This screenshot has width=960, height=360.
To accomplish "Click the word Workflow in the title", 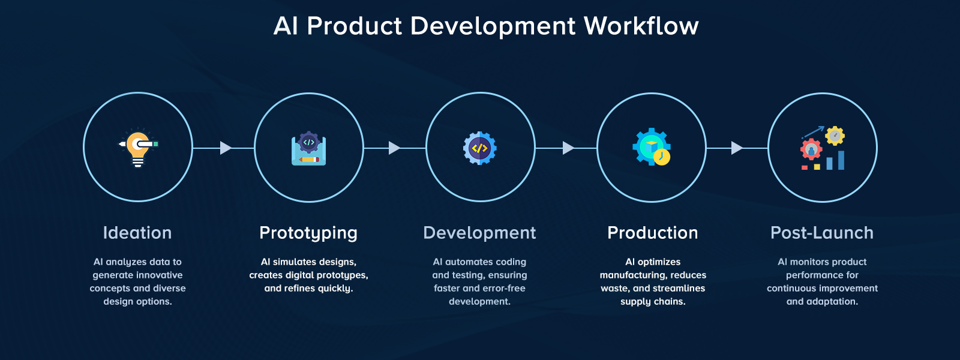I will pos(641,26).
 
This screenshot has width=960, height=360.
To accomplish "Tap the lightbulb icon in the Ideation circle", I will pos(138,148).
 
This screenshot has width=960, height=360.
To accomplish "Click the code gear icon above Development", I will pos(479,148).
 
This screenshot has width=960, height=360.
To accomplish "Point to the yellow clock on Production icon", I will pos(662,157).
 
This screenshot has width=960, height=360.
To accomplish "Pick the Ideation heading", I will pos(137,233).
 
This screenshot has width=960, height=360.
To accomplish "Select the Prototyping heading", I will pos(308,233).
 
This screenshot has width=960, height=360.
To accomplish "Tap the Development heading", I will pos(479,233).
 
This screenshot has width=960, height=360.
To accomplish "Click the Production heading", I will pos(652,233).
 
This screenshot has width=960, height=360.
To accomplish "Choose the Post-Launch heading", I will pos(822,233).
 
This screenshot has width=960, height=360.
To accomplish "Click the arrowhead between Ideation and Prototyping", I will pos(226,148).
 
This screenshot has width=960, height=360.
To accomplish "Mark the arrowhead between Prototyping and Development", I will pos(394,148).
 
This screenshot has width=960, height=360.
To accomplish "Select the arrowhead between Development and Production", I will pos(568,148).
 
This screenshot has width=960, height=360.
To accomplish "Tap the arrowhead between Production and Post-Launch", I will pos(737,148).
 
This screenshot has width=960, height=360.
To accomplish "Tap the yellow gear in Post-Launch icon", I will pos(835,136).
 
